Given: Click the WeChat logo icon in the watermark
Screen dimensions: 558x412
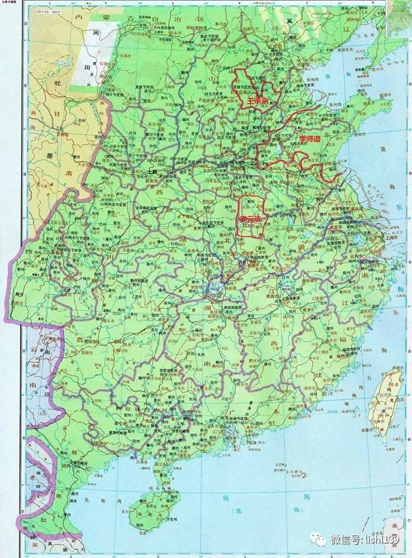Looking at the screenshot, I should pos(320,540).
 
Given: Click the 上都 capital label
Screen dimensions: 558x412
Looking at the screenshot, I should pos(154,169).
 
